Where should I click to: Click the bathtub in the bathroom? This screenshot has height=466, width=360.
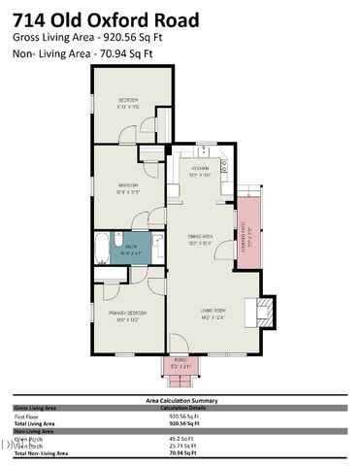click(103, 250)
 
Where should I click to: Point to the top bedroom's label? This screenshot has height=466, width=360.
click(129, 102)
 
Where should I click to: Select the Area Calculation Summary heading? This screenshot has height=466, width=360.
click(180, 400)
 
